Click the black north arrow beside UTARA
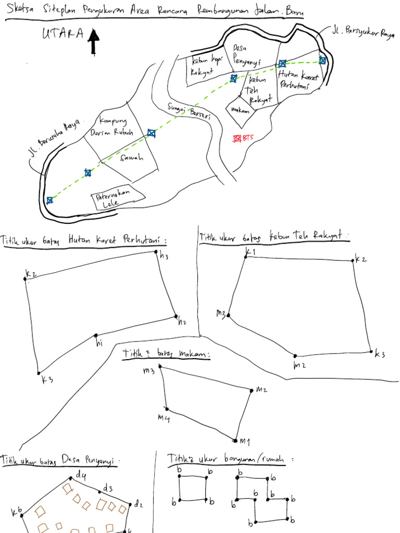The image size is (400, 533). coord(94,42)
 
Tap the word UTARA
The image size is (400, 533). coord(62,34)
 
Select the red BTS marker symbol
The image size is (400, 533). coord(237,138)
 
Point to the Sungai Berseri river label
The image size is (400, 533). coord(189,112)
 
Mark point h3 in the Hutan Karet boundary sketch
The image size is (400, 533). coord(156,252)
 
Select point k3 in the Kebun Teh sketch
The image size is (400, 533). coord(371,352)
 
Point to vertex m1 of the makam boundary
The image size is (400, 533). coord(235,440)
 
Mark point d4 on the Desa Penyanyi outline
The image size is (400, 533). coord(71,477)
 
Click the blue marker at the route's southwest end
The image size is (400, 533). coord(49,200)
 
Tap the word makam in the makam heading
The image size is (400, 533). coord(193,354)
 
